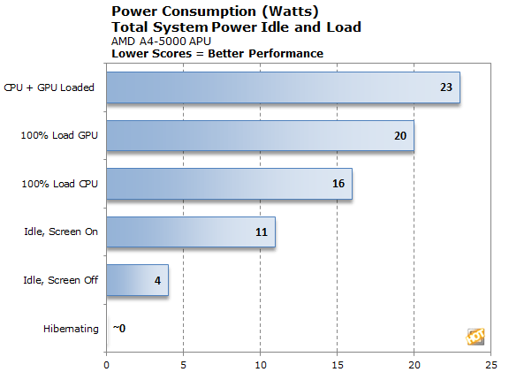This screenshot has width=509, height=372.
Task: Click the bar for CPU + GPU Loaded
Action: [x=283, y=87]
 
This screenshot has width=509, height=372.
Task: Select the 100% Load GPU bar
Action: [x=260, y=135]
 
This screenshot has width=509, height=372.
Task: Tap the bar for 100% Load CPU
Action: [x=229, y=184]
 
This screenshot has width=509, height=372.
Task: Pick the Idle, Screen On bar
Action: [x=190, y=232]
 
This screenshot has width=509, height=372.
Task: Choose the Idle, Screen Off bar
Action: [x=137, y=281]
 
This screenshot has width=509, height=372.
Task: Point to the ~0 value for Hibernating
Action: [x=119, y=329]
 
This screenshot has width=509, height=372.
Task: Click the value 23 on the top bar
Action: [x=446, y=87]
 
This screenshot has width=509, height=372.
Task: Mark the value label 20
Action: [x=400, y=135]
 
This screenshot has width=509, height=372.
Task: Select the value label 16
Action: [x=338, y=184]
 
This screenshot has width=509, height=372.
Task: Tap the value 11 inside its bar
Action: [x=262, y=232]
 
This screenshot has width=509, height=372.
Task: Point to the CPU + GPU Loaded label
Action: [x=55, y=87]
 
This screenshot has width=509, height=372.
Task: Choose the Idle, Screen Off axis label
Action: [x=60, y=281]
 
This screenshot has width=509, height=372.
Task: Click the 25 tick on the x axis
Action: [x=490, y=362]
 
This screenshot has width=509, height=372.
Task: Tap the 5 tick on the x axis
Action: [x=183, y=362]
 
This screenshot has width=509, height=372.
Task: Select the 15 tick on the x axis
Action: [x=338, y=362]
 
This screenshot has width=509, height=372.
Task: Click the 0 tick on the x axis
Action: [x=107, y=362]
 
